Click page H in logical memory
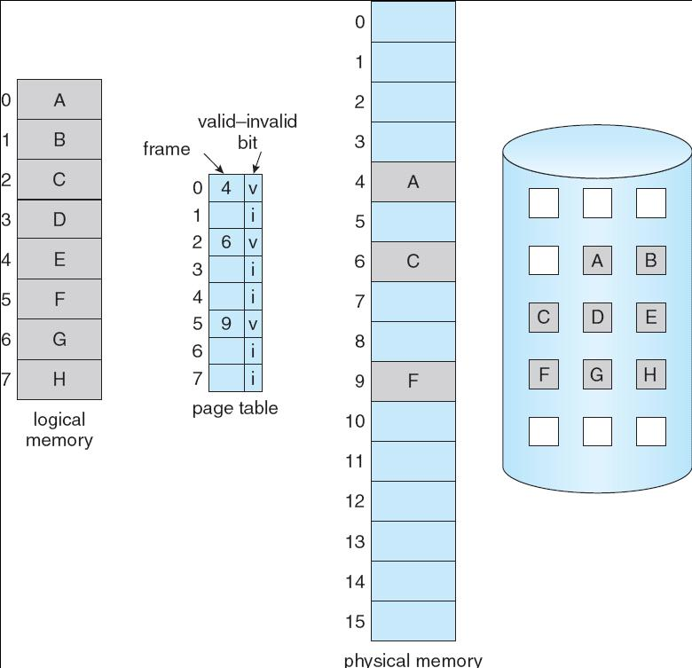pyautogui.click(x=59, y=380)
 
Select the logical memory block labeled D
pyautogui.click(x=59, y=219)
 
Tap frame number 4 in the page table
pyautogui.click(x=226, y=188)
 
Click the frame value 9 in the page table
pyautogui.click(x=226, y=324)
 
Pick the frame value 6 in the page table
pyautogui.click(x=226, y=242)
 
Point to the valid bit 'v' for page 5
pyautogui.click(x=253, y=324)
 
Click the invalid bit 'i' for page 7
pyautogui.click(x=253, y=379)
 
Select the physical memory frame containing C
pyautogui.click(x=413, y=262)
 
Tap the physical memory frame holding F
pyautogui.click(x=413, y=381)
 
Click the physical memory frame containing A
pyautogui.click(x=413, y=182)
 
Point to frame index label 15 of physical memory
pyautogui.click(x=355, y=621)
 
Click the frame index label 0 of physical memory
pyautogui.click(x=359, y=21)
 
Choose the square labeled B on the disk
pyautogui.click(x=650, y=261)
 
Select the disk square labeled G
pyautogui.click(x=596, y=374)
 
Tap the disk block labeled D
pyautogui.click(x=596, y=318)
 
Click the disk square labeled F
pyautogui.click(x=543, y=374)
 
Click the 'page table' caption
pyautogui.click(x=234, y=408)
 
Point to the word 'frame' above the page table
pyautogui.click(x=167, y=149)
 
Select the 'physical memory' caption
pyautogui.click(x=413, y=660)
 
